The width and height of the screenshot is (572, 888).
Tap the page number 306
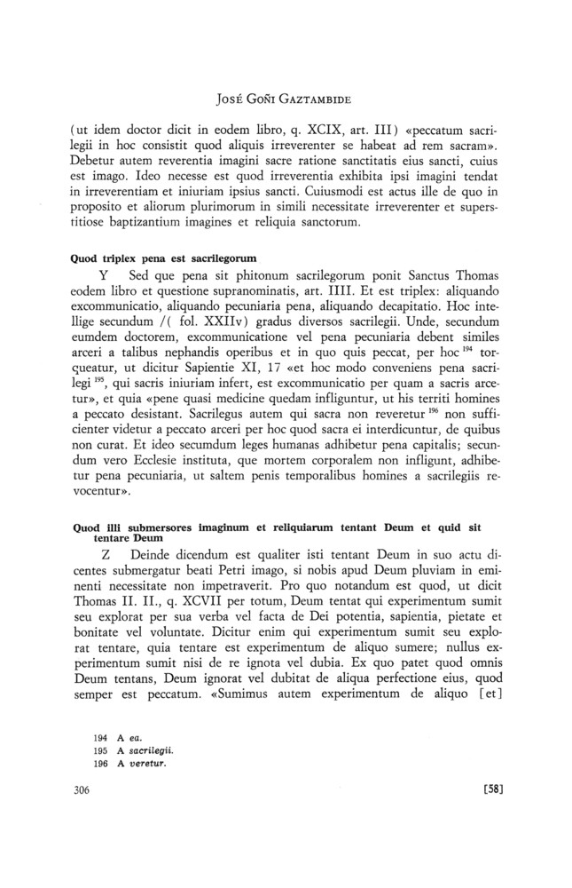point(79,840)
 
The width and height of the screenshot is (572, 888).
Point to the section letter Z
point(106,553)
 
